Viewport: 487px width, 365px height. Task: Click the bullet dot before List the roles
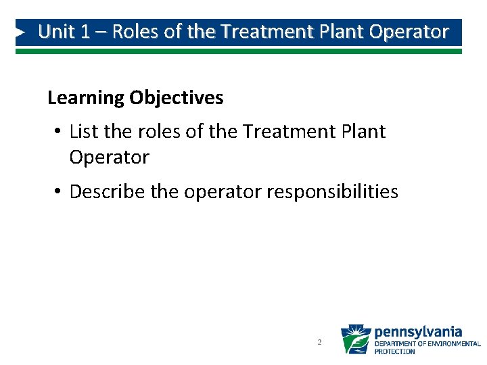(x=58, y=131)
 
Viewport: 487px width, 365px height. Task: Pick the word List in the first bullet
(x=83, y=131)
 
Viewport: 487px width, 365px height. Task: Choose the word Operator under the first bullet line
(x=109, y=157)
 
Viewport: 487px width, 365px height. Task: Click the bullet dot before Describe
(x=58, y=192)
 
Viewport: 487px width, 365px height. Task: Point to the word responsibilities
(x=332, y=192)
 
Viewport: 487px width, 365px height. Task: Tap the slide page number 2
(x=319, y=343)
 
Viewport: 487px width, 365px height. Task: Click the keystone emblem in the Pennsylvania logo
(x=355, y=339)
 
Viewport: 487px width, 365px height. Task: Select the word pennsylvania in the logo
(x=418, y=332)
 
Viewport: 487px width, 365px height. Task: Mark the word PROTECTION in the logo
(x=395, y=351)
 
